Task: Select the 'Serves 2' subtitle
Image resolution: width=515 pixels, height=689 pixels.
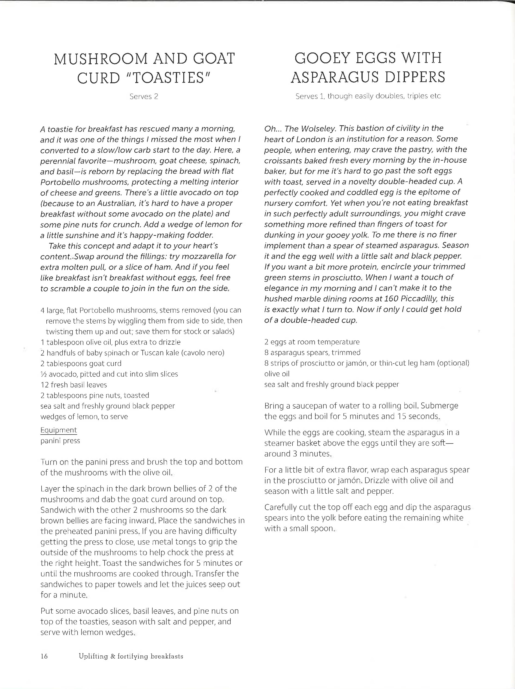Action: (x=144, y=97)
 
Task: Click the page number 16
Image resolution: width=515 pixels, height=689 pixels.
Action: (x=44, y=656)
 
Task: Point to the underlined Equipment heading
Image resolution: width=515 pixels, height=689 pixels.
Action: (x=58, y=430)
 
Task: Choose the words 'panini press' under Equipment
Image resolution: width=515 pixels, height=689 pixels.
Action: (x=60, y=441)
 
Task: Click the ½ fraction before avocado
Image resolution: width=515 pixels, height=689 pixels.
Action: (x=43, y=374)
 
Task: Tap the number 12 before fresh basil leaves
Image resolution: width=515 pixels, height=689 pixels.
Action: (x=45, y=385)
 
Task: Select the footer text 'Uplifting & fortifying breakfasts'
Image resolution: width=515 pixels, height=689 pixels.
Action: (x=131, y=656)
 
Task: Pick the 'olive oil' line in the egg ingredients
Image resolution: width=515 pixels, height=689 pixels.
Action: (x=277, y=374)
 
